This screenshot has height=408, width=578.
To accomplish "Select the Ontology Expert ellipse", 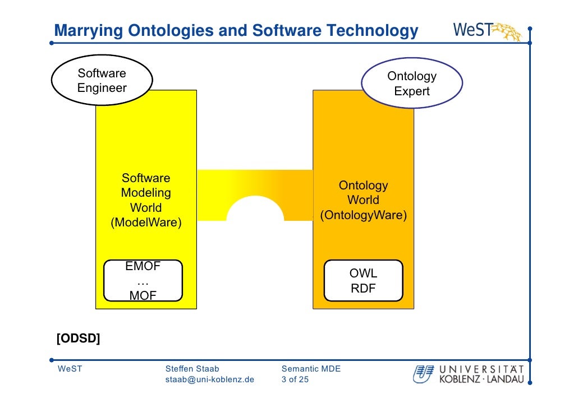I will tap(411, 84).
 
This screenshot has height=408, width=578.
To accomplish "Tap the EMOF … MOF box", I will tap(143, 280).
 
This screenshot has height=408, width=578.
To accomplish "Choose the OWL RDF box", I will tap(363, 281).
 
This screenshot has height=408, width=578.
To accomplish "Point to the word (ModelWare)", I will tap(146, 222).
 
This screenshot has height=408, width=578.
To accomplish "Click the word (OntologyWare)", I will tap(363, 215).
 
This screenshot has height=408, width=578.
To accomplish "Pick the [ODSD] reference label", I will tap(78, 339).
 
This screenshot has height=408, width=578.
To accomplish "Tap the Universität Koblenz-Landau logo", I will tap(469, 374).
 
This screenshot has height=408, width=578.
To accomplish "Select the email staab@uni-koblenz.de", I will tap(209, 379).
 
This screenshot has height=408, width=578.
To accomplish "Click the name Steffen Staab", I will tap(192, 369).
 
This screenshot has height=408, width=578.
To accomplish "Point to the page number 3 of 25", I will tap(295, 379).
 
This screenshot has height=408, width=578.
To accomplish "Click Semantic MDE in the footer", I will tap(311, 369).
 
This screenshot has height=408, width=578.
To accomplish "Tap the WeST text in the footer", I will tap(69, 369).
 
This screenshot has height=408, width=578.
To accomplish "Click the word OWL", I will tap(363, 273).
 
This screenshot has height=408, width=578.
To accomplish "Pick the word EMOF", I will tap(143, 266).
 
